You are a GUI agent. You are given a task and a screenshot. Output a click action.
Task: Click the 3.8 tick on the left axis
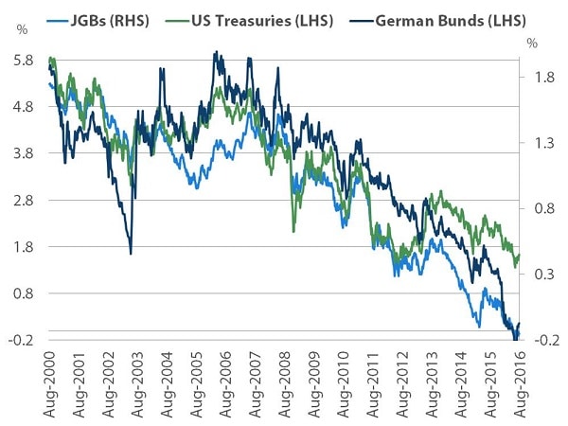pos(23,153)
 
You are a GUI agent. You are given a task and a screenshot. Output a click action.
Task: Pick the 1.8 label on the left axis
pos(23,247)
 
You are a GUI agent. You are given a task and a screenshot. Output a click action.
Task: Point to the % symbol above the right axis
pos(533,44)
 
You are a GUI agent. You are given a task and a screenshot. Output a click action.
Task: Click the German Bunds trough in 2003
pos(131,253)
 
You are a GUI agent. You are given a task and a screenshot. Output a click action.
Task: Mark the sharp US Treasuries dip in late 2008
pos(293,230)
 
